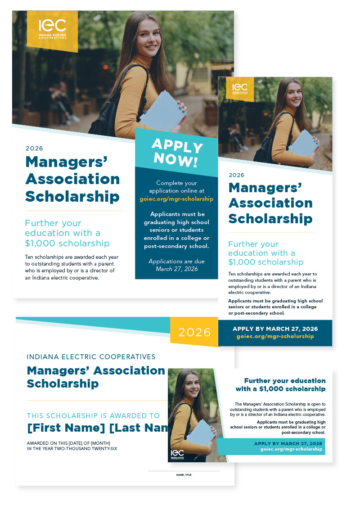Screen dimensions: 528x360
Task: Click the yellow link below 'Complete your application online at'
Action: click(x=176, y=199)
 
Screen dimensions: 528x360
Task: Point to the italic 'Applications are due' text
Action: click(x=176, y=261)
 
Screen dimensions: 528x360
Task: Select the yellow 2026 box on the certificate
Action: click(x=194, y=332)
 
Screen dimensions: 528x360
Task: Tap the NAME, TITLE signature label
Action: click(x=184, y=474)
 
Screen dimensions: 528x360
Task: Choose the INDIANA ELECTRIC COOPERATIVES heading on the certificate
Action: click(x=91, y=357)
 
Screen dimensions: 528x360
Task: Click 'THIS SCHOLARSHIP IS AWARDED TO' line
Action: click(x=93, y=416)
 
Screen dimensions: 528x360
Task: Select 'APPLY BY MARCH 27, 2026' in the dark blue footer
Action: click(x=275, y=329)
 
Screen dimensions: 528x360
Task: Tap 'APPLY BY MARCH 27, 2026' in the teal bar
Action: click(x=288, y=443)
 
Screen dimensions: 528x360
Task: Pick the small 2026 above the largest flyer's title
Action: click(x=34, y=149)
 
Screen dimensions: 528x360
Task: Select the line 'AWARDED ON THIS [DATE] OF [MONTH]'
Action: click(x=68, y=443)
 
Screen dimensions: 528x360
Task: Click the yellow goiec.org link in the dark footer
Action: click(x=275, y=336)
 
